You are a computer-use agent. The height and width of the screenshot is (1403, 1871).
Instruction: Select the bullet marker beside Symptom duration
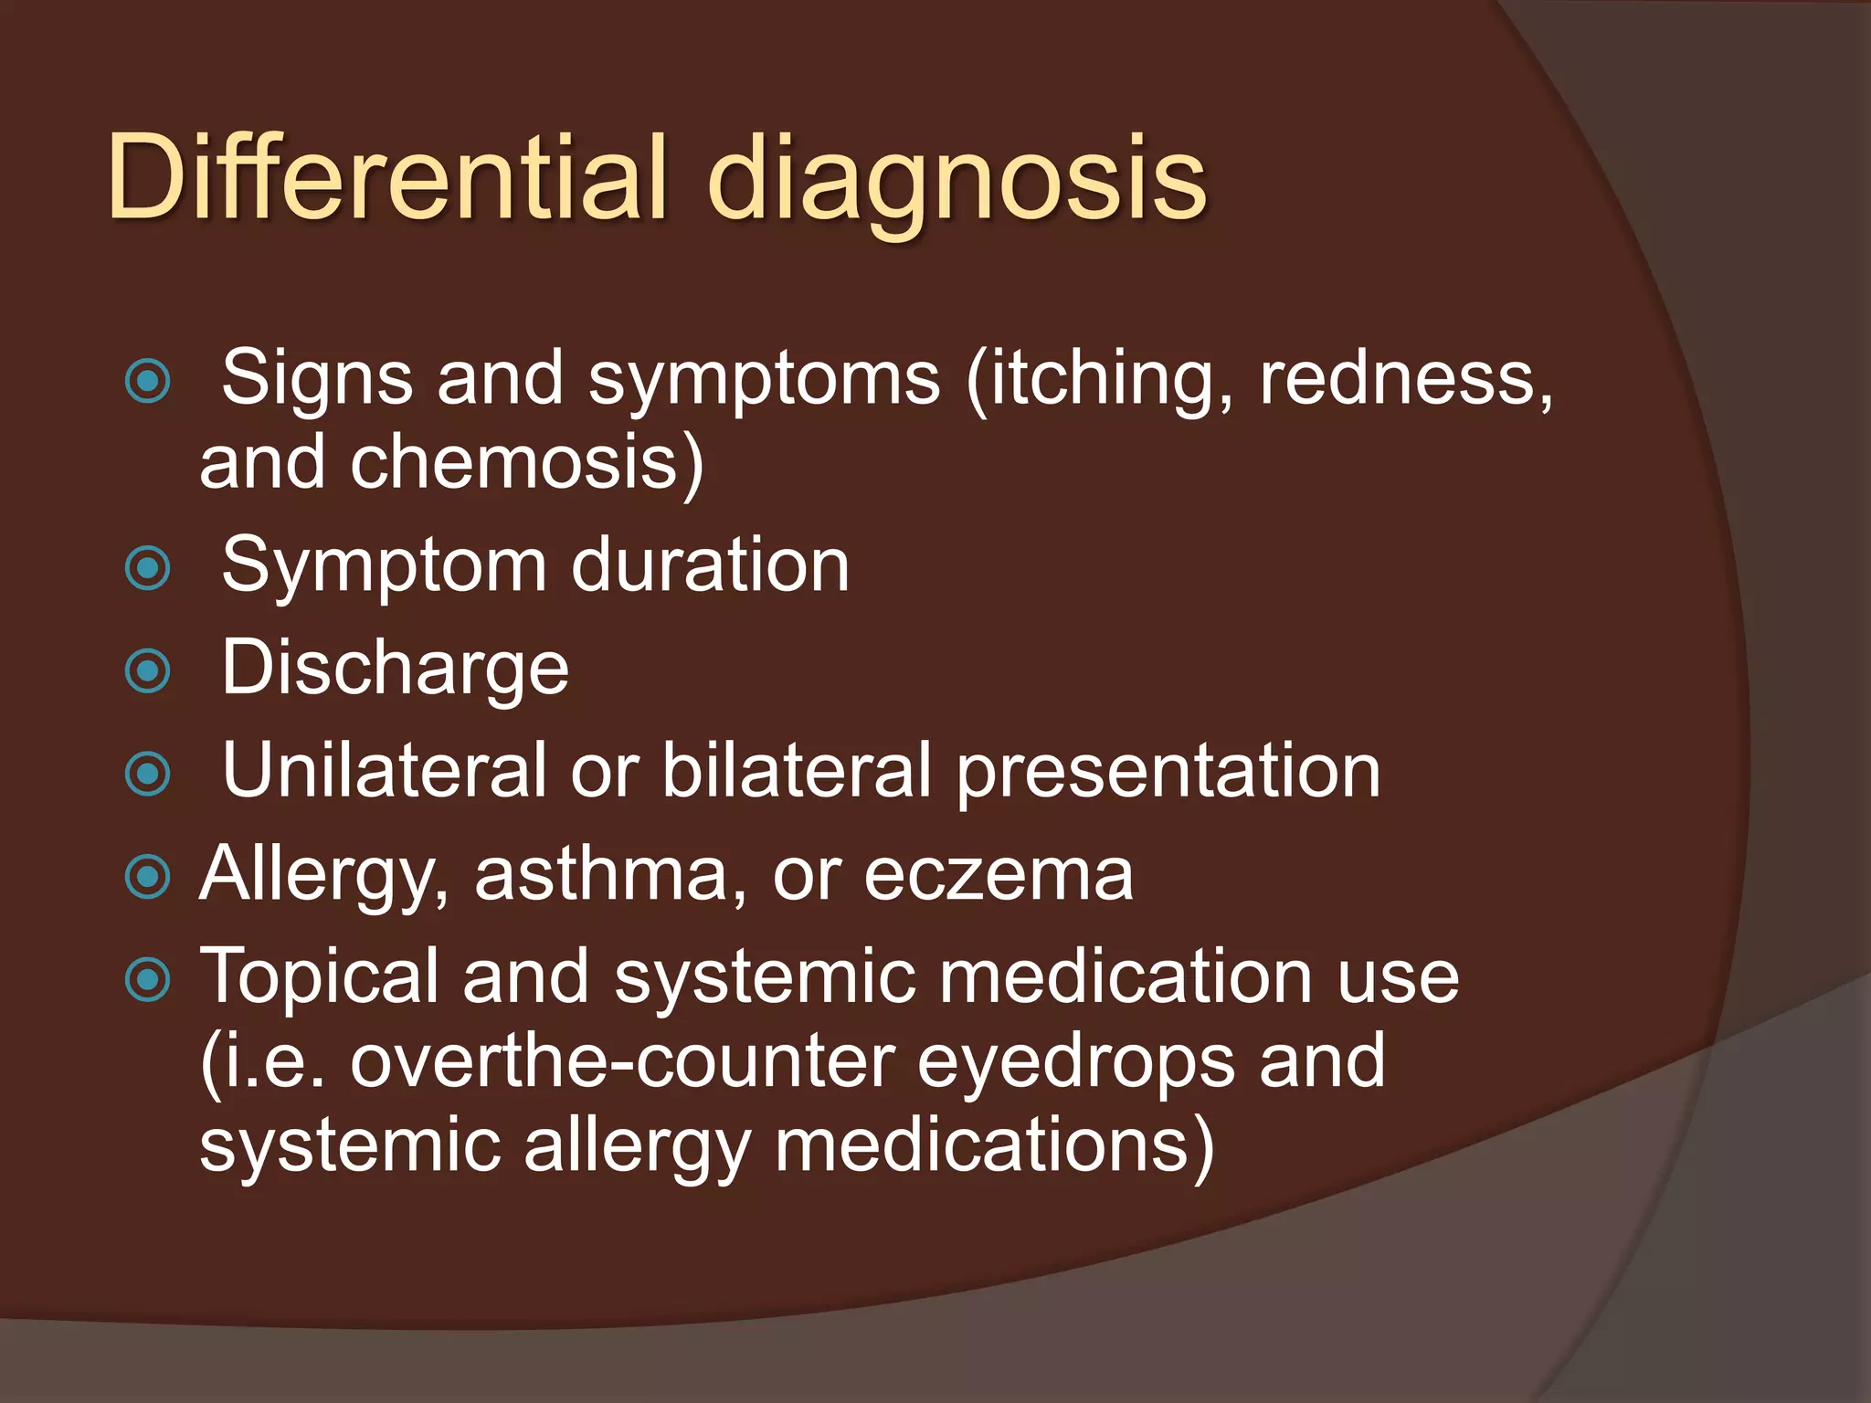[148, 568]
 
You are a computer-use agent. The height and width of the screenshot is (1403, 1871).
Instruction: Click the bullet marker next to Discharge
[148, 671]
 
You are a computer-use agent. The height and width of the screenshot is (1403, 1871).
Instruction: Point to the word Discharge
[395, 668]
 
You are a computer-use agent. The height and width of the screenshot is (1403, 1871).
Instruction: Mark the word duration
[710, 565]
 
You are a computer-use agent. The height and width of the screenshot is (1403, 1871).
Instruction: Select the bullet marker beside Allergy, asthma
[148, 877]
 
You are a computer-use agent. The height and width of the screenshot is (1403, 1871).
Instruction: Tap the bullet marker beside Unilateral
[148, 775]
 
